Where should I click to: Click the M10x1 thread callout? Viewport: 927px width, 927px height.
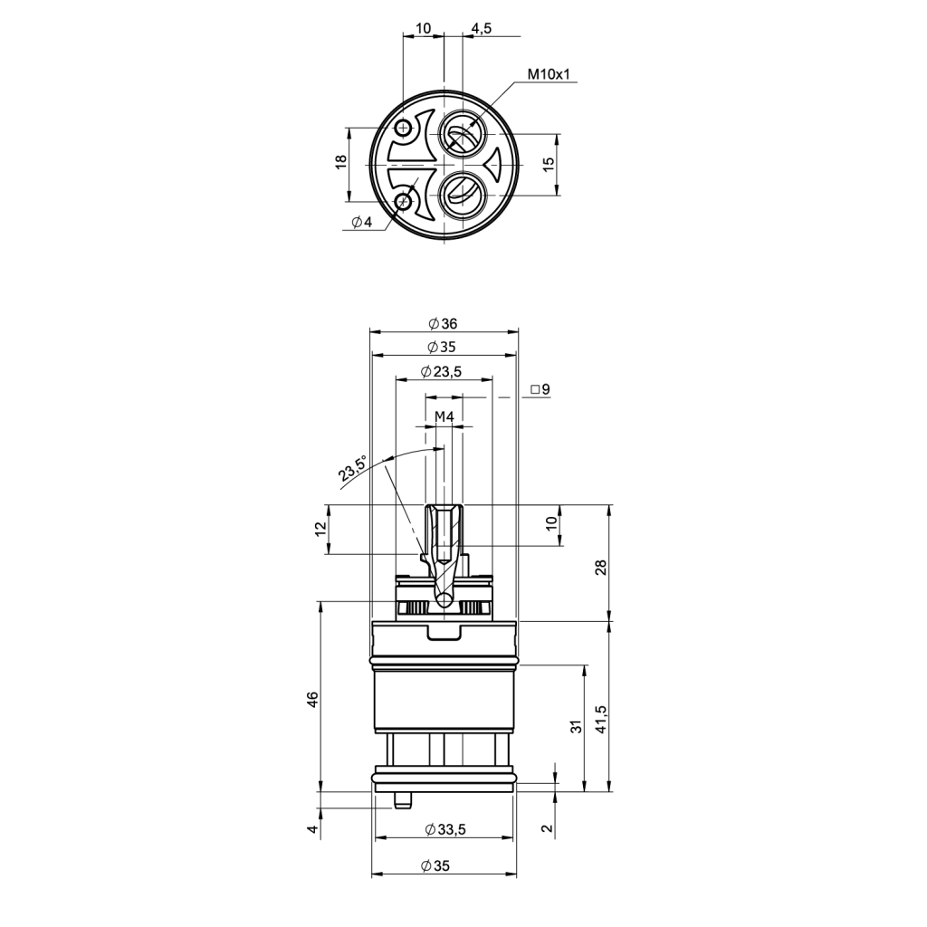pyautogui.click(x=549, y=74)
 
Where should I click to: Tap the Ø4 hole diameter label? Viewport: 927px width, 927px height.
pyautogui.click(x=361, y=223)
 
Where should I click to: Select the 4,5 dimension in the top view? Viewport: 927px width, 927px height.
pyautogui.click(x=482, y=28)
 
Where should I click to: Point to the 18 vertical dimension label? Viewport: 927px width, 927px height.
pyautogui.click(x=341, y=162)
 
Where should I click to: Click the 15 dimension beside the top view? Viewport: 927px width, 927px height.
pyautogui.click(x=549, y=165)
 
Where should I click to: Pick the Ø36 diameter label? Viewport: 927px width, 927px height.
pyautogui.click(x=443, y=323)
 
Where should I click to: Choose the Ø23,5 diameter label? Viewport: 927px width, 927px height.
pyautogui.click(x=441, y=371)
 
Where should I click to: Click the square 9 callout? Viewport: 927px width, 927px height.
pyautogui.click(x=540, y=389)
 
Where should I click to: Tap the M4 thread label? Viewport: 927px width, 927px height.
pyautogui.click(x=444, y=416)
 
